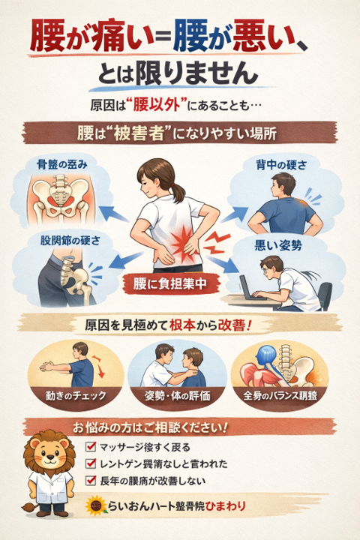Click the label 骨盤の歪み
[x=62, y=164]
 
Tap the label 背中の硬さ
[x=281, y=165]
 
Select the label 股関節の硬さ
[x=70, y=240]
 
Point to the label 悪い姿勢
[x=278, y=245]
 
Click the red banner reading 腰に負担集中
[x=169, y=283]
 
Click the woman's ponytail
[x=178, y=192]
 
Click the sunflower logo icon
[x=97, y=505]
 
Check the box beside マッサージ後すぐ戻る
[x=91, y=447]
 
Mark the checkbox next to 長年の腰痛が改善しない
[x=91, y=480]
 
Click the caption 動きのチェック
[x=76, y=395]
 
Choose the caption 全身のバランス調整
[x=280, y=395]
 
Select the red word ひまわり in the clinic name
[x=225, y=506]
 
